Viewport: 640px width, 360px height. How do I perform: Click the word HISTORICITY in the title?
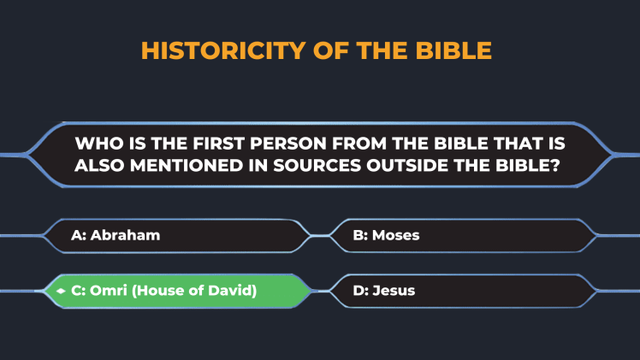[x=223, y=50]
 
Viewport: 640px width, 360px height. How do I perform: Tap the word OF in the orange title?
[x=330, y=50]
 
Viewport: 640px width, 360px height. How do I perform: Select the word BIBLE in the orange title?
[x=453, y=50]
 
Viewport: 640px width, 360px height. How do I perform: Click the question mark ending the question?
[x=555, y=166]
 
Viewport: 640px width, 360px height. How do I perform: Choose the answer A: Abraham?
[x=116, y=235]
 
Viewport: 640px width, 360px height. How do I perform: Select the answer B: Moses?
[x=386, y=235]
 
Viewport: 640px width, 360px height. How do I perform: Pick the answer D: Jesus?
[x=384, y=291]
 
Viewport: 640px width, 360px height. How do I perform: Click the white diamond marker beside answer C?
[x=61, y=291]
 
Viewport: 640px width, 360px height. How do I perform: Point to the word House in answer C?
[x=159, y=291]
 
